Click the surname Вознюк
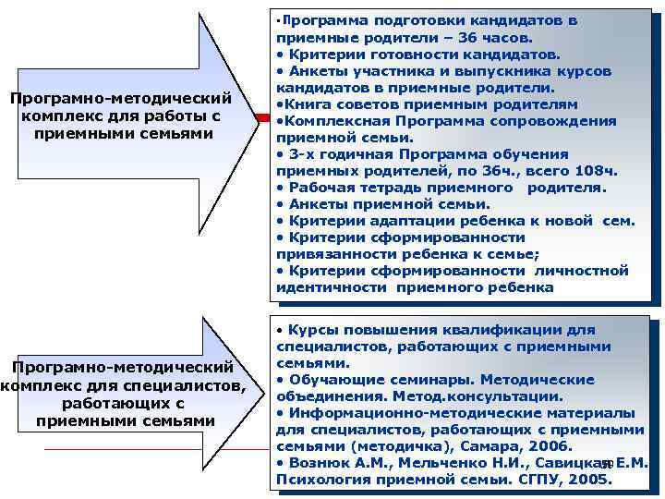pyautogui.click(x=320, y=463)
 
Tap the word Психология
pyautogui.click(x=320, y=480)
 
